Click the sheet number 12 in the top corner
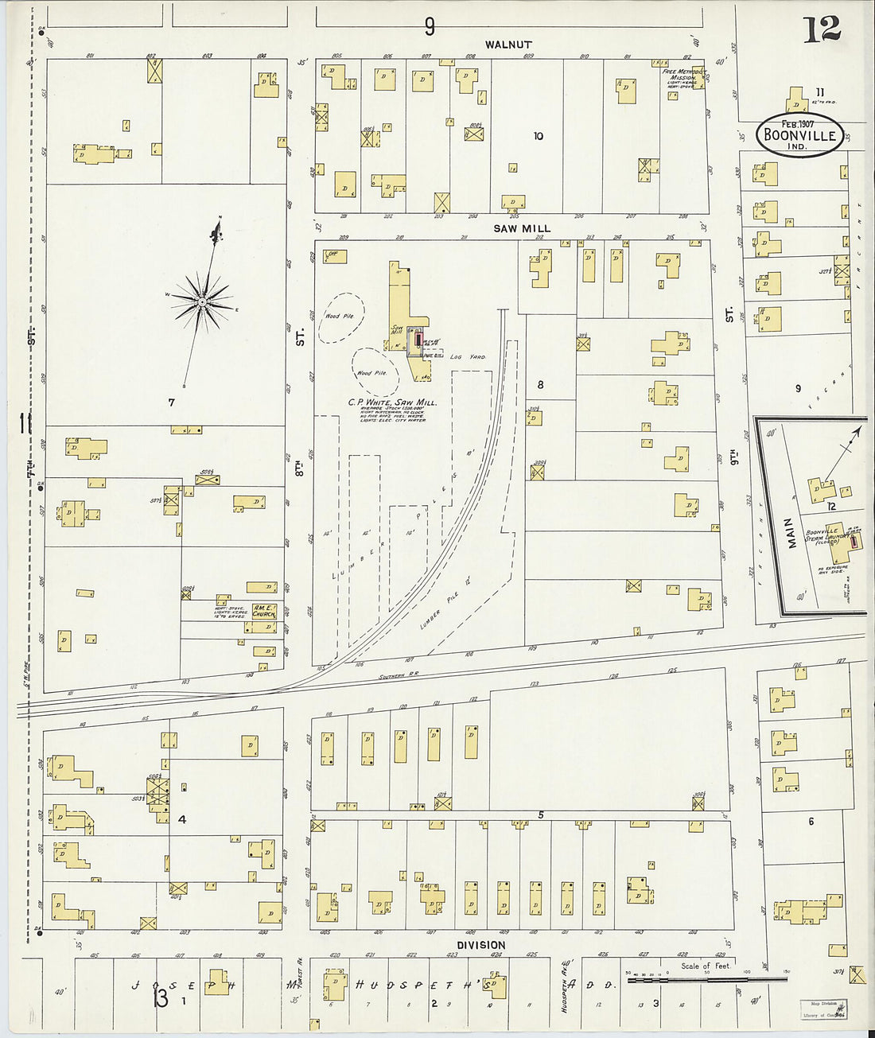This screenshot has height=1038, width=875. (821, 29)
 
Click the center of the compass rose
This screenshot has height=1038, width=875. (202, 301)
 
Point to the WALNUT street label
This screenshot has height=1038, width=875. (507, 45)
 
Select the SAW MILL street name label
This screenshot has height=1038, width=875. (522, 228)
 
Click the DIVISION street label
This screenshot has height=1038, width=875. (481, 945)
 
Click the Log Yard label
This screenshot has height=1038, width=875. (467, 357)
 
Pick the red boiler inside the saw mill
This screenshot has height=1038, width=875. (418, 339)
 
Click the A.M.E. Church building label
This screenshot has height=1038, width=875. (262, 610)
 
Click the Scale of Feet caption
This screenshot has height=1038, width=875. (705, 966)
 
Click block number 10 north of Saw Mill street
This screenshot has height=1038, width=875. (538, 136)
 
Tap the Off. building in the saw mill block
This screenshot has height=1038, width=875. (332, 255)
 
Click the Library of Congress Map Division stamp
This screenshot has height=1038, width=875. (822, 1009)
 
